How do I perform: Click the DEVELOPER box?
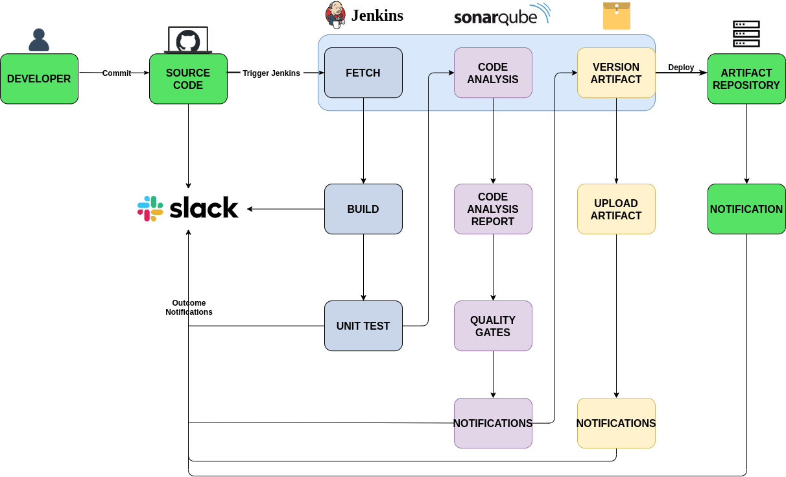(39, 79)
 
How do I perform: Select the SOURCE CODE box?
(188, 79)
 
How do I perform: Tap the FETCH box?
(363, 73)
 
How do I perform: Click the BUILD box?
(363, 209)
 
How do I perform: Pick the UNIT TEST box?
(363, 326)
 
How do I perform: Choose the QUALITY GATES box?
(493, 326)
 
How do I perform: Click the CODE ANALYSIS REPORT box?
(493, 209)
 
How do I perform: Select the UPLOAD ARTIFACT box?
(616, 209)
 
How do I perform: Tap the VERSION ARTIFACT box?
(616, 73)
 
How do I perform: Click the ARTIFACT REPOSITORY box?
(746, 79)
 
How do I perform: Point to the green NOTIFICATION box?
(746, 209)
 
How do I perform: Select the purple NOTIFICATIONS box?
(493, 423)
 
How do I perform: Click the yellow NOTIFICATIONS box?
(616, 423)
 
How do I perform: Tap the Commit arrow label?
(117, 73)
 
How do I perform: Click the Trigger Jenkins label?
(271, 73)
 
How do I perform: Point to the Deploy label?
(681, 67)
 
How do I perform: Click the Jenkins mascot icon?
(335, 15)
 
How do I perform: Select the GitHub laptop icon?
(188, 40)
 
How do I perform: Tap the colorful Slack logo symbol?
(150, 208)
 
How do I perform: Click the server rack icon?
(746, 34)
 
